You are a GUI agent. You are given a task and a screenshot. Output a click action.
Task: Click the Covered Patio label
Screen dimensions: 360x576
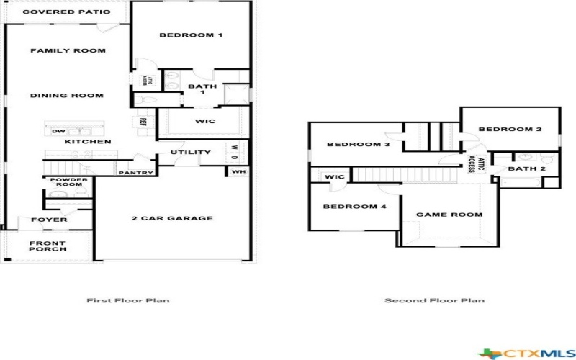[x=67, y=12]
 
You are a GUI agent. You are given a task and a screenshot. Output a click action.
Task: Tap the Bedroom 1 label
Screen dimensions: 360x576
[x=192, y=35]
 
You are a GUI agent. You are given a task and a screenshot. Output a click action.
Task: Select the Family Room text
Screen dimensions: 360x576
[x=68, y=50]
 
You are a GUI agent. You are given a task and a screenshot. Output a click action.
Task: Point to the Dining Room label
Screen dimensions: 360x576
[x=66, y=95]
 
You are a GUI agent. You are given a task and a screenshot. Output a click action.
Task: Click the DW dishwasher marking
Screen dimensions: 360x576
[x=57, y=132]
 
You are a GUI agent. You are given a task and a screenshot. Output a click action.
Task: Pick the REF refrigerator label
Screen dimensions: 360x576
[x=143, y=122]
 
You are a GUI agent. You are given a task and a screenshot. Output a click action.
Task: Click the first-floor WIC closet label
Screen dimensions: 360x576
[x=205, y=122]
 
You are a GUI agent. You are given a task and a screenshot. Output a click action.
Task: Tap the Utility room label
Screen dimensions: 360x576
[x=191, y=152]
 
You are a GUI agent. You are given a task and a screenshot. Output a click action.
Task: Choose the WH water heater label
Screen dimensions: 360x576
[x=238, y=171]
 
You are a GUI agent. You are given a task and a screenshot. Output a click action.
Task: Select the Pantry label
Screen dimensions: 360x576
[x=136, y=173]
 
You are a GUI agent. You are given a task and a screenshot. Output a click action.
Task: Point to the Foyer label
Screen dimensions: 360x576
[x=49, y=220]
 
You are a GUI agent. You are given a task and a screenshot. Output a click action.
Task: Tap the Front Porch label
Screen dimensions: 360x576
[x=48, y=246]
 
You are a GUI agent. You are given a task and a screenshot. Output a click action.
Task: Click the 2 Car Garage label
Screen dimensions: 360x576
[x=172, y=218]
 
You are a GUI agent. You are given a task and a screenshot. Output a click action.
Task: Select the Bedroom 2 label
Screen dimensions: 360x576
[x=510, y=130]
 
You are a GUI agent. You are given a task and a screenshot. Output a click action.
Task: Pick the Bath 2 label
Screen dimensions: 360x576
[x=526, y=169]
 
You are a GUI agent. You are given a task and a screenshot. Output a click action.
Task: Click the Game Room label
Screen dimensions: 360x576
[x=450, y=214]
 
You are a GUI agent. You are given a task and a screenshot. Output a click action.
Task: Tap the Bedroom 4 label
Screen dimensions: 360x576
[x=354, y=207]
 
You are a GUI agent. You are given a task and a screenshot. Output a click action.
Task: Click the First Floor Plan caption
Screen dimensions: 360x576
[x=128, y=300]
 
